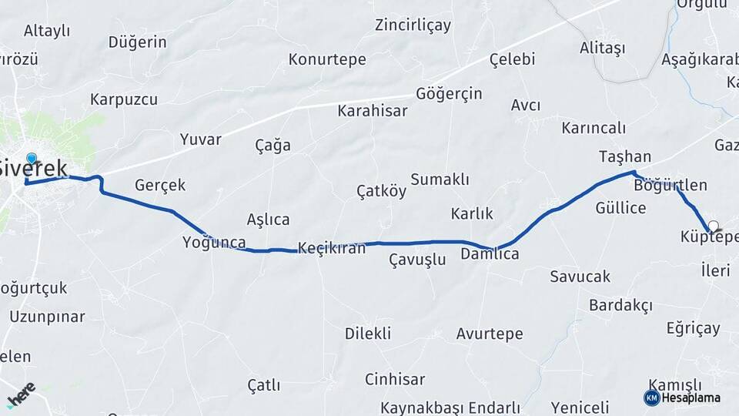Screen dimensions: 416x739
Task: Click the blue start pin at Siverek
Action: click(x=31, y=159)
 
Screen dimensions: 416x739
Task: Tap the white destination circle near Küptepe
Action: click(x=713, y=226)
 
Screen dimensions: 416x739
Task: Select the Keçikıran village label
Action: click(x=331, y=247)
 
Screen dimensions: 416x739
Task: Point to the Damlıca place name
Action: click(x=490, y=253)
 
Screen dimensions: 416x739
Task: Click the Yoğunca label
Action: click(x=214, y=243)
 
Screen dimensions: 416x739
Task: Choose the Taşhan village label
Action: click(x=625, y=156)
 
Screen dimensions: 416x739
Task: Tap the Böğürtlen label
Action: click(x=670, y=185)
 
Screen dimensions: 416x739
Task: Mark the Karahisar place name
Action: click(x=372, y=111)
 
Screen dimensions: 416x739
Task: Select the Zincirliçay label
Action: click(x=413, y=25)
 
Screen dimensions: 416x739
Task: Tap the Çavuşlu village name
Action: click(x=417, y=260)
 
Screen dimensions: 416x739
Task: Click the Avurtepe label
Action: click(x=489, y=334)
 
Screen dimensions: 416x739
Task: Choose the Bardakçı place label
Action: click(x=620, y=305)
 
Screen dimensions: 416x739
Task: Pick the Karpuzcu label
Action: click(x=124, y=99)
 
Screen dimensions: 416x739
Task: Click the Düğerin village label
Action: click(x=137, y=42)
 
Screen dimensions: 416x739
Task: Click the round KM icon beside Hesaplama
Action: click(x=651, y=398)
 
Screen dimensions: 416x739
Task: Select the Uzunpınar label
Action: click(x=47, y=317)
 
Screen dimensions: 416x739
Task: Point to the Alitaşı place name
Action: click(x=602, y=48)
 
